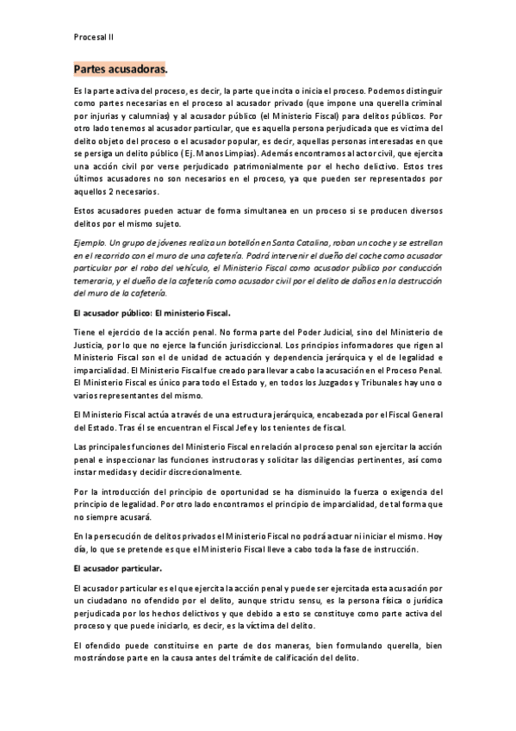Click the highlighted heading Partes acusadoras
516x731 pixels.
click(121, 68)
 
